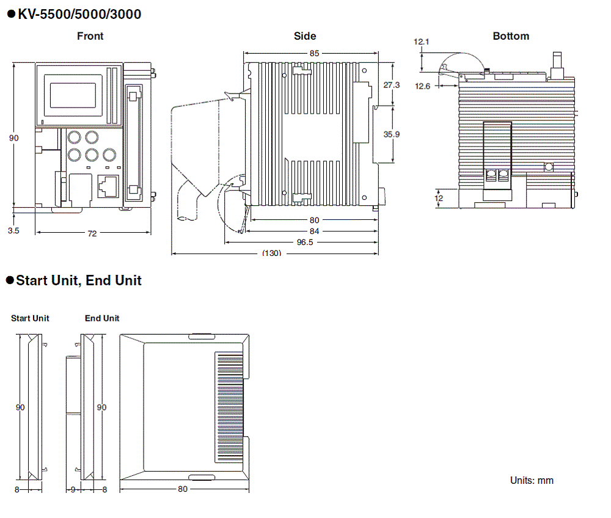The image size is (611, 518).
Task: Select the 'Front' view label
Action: coord(90,36)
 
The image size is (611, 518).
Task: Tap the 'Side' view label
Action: coord(305,36)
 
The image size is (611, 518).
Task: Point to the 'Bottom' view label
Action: coord(511,36)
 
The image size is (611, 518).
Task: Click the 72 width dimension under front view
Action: coord(92,233)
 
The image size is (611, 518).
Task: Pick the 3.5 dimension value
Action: coord(13,231)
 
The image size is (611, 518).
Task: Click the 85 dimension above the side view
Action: coord(313,53)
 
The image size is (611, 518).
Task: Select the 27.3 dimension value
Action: coord(392,85)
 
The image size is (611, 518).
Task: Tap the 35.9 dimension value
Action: coord(392,134)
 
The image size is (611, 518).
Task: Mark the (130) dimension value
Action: coord(271,253)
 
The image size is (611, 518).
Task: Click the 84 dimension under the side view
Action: coord(314,231)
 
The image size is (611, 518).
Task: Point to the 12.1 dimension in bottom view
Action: coord(422,42)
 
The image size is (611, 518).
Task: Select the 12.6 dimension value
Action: coord(423,86)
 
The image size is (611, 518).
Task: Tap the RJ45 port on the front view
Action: coord(108,185)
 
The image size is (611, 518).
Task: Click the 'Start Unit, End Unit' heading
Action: coord(79,280)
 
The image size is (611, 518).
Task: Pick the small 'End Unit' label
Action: coord(102,318)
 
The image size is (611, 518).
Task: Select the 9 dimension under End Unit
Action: coord(73,489)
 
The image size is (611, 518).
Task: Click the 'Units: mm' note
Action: coord(532,480)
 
